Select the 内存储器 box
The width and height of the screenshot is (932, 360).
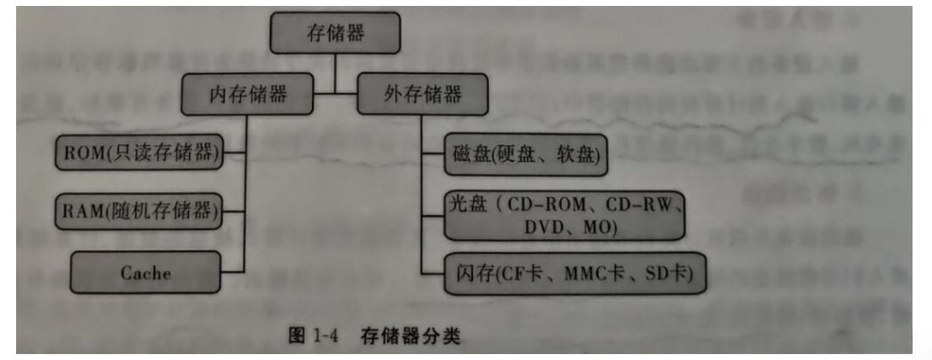click(247, 95)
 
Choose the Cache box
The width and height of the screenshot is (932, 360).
click(145, 272)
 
